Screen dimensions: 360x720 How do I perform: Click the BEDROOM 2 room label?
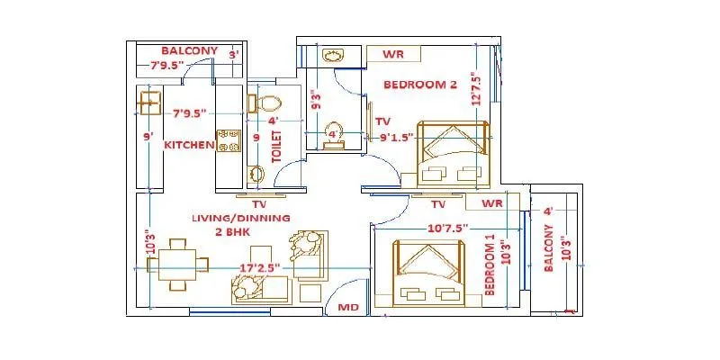tap(420, 85)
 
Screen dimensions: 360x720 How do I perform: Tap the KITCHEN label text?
tap(188, 145)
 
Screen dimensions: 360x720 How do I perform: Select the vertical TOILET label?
tap(277, 148)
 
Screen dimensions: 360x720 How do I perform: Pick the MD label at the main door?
tap(348, 307)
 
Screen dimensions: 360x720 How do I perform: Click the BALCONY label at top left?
tap(190, 49)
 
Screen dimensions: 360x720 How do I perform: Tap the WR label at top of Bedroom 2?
tap(392, 55)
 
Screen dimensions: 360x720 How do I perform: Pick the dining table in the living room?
tap(178, 264)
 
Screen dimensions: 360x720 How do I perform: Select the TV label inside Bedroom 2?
tap(382, 121)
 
